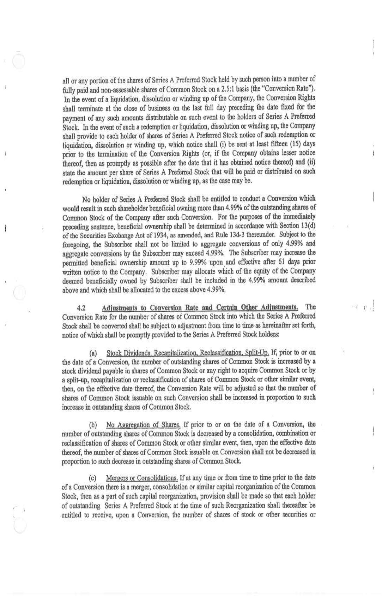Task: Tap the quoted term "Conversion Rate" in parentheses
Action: [290, 88]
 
